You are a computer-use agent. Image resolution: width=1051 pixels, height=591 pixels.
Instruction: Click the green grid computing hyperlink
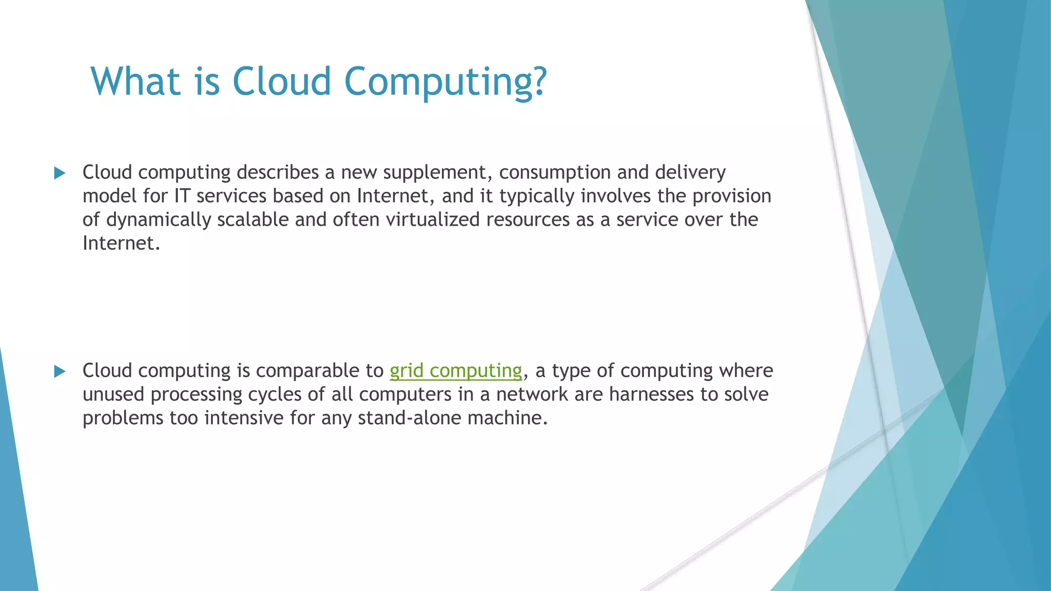[x=456, y=370]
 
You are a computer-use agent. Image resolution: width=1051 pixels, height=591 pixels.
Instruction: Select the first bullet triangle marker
[x=60, y=173]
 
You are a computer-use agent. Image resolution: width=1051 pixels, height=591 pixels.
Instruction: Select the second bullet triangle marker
[x=60, y=371]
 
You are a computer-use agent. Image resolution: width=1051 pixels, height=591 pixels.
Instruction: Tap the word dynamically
[x=159, y=220]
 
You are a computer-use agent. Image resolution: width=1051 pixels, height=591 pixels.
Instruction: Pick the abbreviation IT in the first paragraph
[x=182, y=196]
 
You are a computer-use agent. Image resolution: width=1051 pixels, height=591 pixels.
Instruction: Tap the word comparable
[x=319, y=370]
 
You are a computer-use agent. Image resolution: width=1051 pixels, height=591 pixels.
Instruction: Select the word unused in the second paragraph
[x=113, y=394]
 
